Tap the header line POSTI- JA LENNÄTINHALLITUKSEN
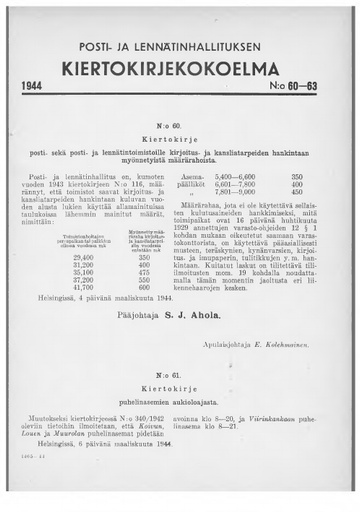[180, 48]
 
